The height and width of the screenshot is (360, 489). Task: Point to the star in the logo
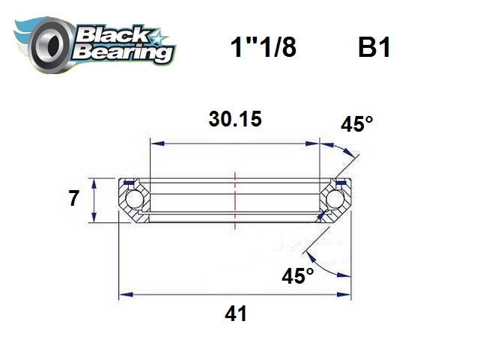[x=160, y=36]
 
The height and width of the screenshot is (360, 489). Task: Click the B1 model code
[x=372, y=49]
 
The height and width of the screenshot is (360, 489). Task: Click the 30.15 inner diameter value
[x=235, y=120]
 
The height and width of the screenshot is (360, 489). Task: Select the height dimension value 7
[x=73, y=200]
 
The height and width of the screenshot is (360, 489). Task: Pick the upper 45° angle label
[x=356, y=124]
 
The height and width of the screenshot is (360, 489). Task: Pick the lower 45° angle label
[x=297, y=276]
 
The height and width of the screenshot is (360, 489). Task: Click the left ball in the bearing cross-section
[x=134, y=200]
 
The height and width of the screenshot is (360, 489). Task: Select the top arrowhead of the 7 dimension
[x=94, y=181]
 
